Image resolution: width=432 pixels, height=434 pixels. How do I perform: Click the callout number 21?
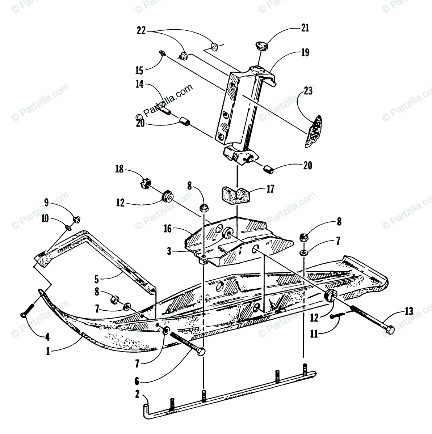click(305, 28)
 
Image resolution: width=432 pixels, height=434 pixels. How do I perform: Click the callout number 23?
click(308, 91)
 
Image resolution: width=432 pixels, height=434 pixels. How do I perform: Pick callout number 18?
click(119, 169)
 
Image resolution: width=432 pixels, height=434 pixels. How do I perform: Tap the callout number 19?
click(305, 53)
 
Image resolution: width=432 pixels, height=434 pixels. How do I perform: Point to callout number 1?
click(48, 351)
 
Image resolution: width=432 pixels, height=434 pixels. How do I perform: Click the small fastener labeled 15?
click(162, 54)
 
